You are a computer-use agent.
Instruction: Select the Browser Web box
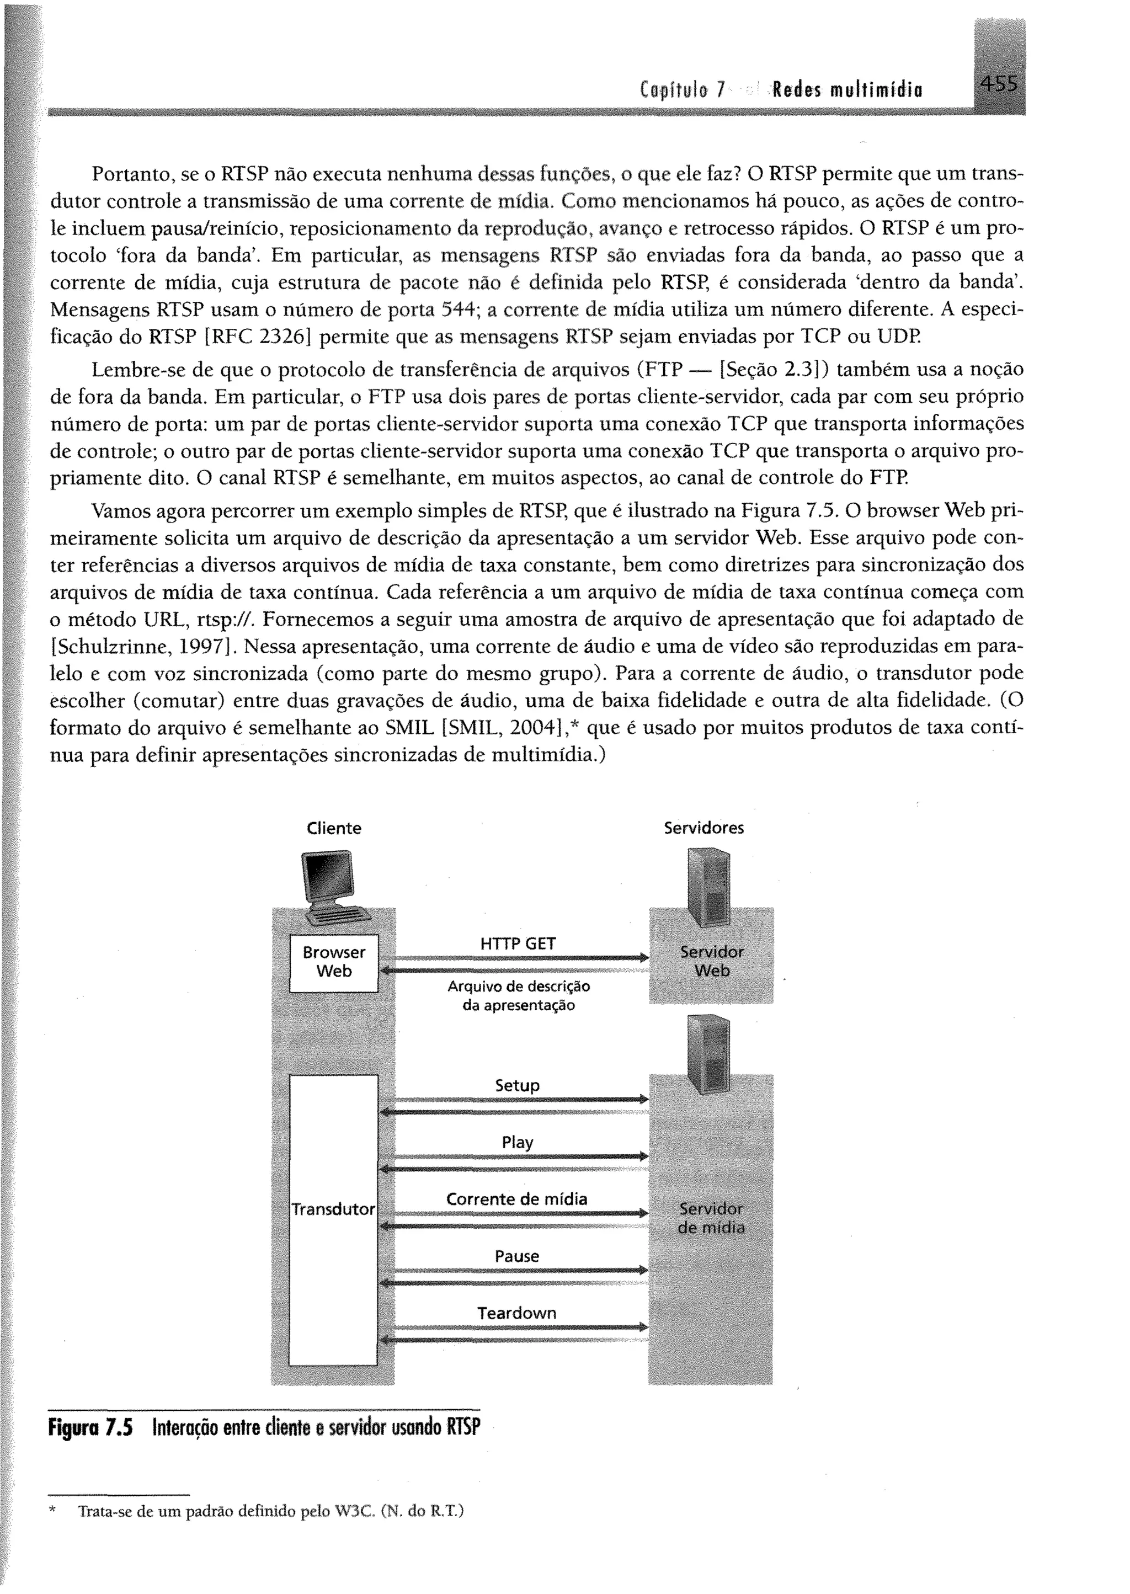334,962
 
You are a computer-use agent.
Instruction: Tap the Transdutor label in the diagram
333,1209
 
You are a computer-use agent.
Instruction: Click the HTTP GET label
518,943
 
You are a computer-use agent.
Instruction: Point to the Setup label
517,1085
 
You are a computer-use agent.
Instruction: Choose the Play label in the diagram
517,1143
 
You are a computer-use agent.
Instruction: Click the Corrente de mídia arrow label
517,1199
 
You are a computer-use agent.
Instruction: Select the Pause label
517,1256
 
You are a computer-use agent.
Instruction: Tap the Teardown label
517,1313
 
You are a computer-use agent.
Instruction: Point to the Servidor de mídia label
711,1218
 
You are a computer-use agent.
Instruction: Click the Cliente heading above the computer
334,828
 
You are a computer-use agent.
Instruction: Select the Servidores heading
703,828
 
